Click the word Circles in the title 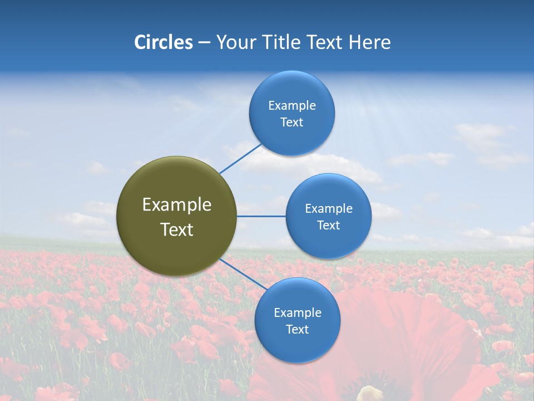(x=164, y=42)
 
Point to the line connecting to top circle (x=240, y=159)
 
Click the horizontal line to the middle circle (x=261, y=216)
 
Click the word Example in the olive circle (x=177, y=205)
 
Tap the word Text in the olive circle (x=177, y=229)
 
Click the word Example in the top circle (x=291, y=106)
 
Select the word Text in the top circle (x=291, y=123)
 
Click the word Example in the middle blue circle (x=328, y=209)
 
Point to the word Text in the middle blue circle (x=328, y=226)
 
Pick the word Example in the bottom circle (x=297, y=313)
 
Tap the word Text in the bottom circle (x=297, y=330)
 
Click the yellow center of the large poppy (x=370, y=394)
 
